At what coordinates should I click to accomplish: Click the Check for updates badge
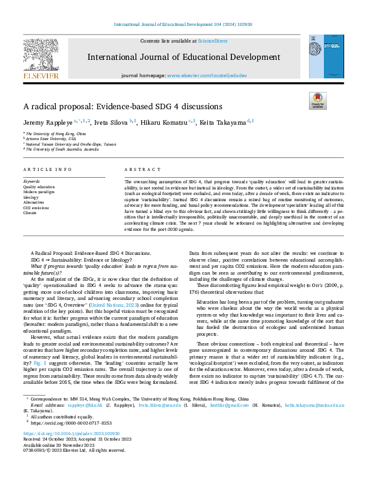click(x=317, y=100)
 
